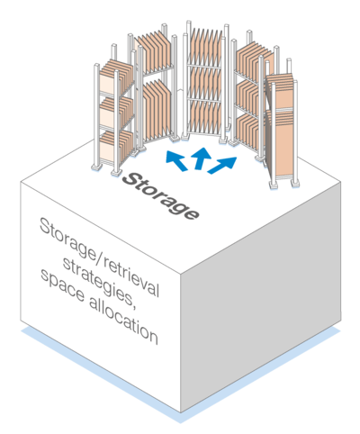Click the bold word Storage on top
pyautogui.click(x=160, y=196)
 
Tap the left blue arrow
pyautogui.click(x=176, y=160)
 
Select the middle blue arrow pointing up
pyautogui.click(x=202, y=158)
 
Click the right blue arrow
pyautogui.click(x=222, y=165)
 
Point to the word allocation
pyautogui.click(x=123, y=321)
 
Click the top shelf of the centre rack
pyautogui.click(x=205, y=47)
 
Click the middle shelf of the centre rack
pyautogui.click(x=205, y=83)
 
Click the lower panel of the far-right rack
pyautogui.click(x=280, y=143)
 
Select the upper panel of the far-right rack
pyautogui.click(x=280, y=91)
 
